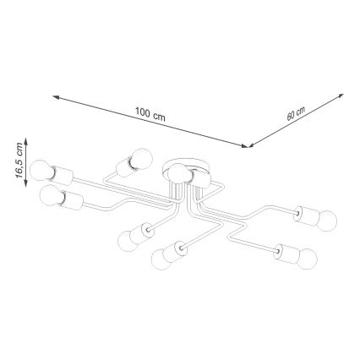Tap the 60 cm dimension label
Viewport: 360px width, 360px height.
coord(296,113)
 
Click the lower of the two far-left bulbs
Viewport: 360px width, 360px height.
coord(50,199)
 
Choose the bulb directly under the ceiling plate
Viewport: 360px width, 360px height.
coord(176,175)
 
